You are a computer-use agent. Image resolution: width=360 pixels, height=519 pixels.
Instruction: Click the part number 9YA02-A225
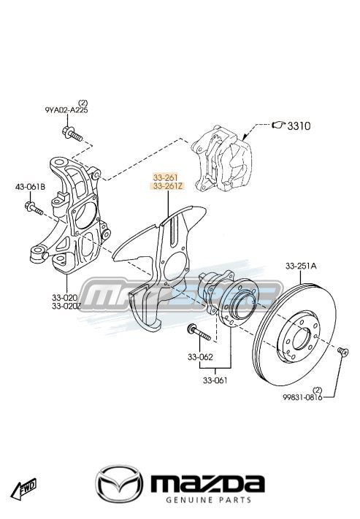pyautogui.click(x=66, y=110)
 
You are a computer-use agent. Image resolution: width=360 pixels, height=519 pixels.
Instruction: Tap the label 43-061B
pyautogui.click(x=30, y=187)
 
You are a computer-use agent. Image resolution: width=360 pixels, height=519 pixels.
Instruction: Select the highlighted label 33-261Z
pyautogui.click(x=167, y=186)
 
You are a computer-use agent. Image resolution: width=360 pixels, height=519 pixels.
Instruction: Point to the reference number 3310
pyautogui.click(x=299, y=126)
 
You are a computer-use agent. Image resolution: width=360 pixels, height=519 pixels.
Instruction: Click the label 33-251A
pyautogui.click(x=301, y=266)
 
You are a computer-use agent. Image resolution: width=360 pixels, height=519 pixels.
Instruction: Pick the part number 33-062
pyautogui.click(x=200, y=357)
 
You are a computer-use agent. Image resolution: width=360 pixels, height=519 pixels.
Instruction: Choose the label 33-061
pyautogui.click(x=215, y=380)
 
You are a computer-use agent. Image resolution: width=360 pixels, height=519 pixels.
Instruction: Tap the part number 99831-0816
pyautogui.click(x=302, y=397)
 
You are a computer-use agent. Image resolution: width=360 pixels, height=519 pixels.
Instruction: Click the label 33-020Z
pyautogui.click(x=66, y=307)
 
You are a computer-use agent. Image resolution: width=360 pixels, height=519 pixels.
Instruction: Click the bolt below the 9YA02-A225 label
pyautogui.click(x=72, y=133)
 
